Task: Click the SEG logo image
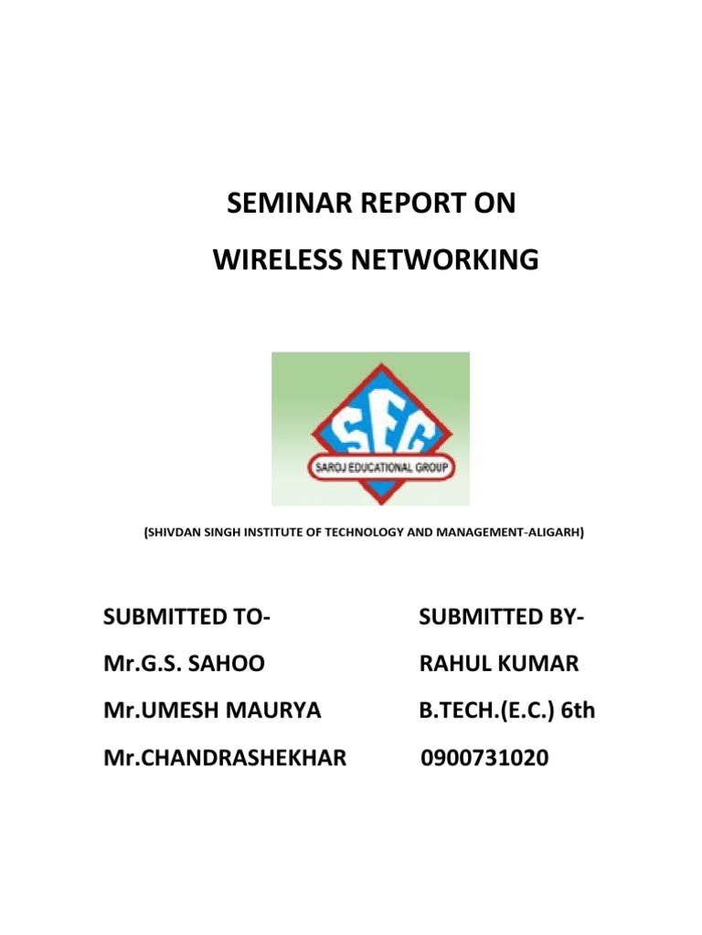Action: click(x=370, y=428)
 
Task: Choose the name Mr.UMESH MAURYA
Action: click(x=211, y=709)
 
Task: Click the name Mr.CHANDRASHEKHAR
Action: click(x=224, y=756)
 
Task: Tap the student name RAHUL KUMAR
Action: click(x=498, y=664)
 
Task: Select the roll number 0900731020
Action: click(x=484, y=756)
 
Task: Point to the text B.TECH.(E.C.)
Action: click(x=486, y=709)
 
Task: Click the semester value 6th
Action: click(x=578, y=709)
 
